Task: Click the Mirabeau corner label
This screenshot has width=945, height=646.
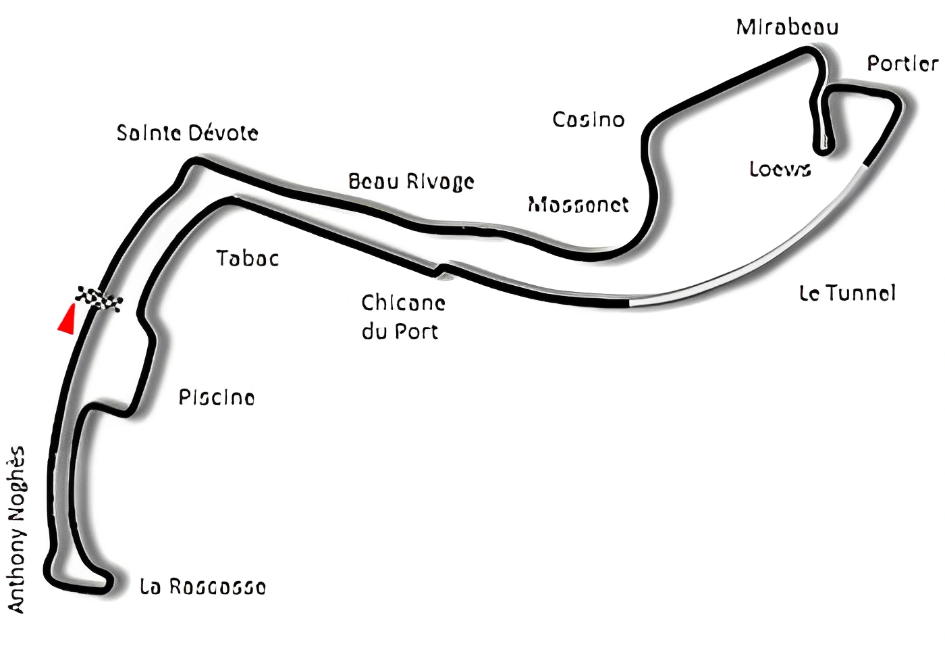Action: click(787, 27)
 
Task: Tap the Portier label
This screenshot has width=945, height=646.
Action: click(902, 64)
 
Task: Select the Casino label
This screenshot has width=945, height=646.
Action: click(588, 120)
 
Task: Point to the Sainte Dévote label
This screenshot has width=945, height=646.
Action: click(187, 132)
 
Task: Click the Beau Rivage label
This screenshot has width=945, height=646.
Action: click(411, 181)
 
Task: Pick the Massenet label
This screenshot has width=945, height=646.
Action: click(578, 204)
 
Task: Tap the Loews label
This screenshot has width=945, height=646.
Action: click(780, 169)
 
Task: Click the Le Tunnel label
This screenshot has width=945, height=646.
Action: click(847, 293)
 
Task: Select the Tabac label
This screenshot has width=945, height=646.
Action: click(247, 258)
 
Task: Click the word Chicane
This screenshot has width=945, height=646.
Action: click(403, 302)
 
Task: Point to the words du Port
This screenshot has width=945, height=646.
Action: click(400, 332)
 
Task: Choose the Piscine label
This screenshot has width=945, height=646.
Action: click(216, 397)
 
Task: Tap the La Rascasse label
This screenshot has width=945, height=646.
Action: click(202, 587)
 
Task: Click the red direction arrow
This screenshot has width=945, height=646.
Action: click(66, 320)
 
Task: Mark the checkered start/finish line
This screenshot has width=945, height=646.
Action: click(99, 299)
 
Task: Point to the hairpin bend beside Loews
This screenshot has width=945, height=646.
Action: click(823, 145)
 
